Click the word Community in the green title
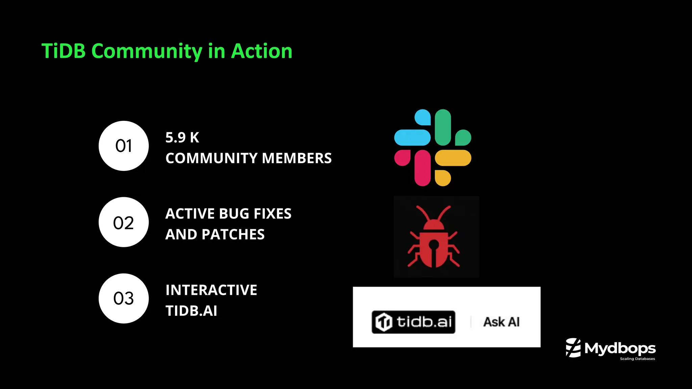[147, 51]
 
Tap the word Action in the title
[262, 51]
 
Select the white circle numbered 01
[124, 146]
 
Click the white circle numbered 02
[124, 222]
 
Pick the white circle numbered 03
[124, 299]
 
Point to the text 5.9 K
[182, 137]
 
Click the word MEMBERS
[297, 158]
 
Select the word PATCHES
[233, 234]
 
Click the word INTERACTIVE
[211, 290]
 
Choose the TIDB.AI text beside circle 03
[191, 311]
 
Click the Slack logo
[432, 148]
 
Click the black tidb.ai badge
[413, 322]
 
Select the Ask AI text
[501, 322]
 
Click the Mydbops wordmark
[620, 348]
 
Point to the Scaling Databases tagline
[637, 359]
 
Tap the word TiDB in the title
[64, 51]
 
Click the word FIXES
[272, 214]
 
